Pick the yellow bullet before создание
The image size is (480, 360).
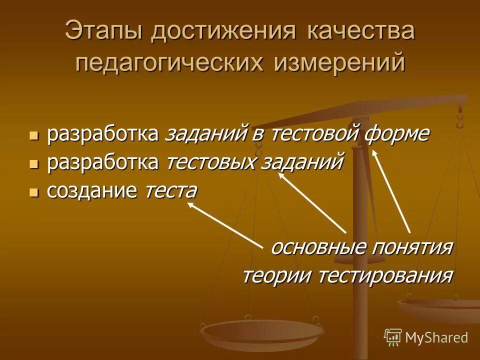[x=33, y=192]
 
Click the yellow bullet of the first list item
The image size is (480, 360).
[x=33, y=135]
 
